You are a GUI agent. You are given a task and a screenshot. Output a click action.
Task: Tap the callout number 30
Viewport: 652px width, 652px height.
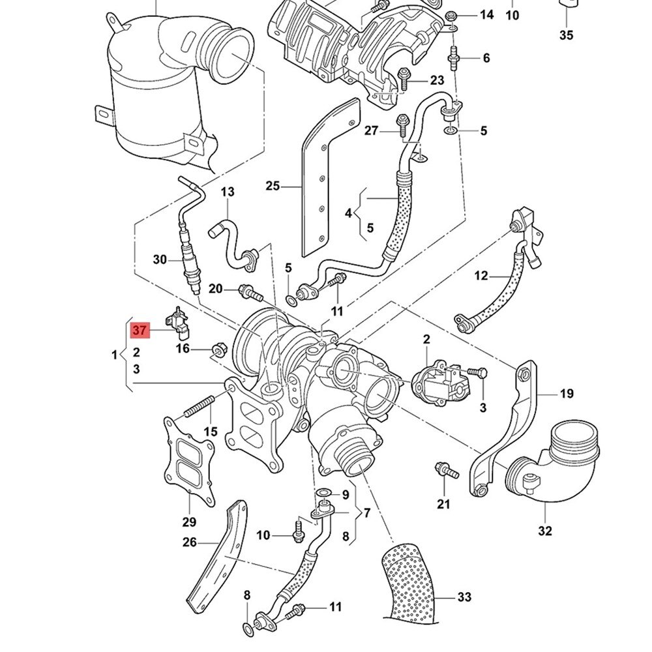click(160, 259)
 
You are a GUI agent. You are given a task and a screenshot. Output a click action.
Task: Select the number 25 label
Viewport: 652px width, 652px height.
click(273, 186)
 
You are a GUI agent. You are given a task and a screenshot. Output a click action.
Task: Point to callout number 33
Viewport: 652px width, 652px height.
click(464, 597)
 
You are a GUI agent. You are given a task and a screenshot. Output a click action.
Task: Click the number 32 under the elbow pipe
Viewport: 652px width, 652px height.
click(545, 531)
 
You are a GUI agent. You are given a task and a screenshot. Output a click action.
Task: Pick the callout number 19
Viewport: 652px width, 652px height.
click(566, 393)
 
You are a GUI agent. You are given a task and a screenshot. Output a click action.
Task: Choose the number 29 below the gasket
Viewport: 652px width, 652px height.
click(188, 522)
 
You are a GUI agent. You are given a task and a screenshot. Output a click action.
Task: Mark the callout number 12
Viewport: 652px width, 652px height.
click(481, 276)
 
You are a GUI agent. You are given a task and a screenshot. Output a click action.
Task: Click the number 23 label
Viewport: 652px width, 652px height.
click(436, 80)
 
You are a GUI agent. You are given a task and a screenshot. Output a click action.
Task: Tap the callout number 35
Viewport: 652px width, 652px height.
click(565, 35)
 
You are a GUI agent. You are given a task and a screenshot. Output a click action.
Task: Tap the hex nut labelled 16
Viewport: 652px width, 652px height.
click(218, 351)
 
